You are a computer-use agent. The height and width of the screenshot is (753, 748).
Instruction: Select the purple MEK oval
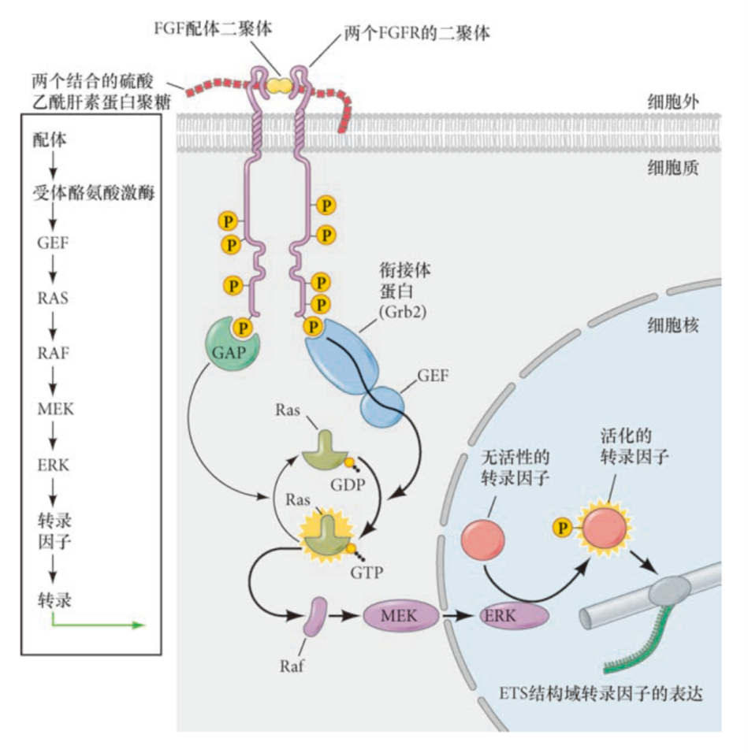[400, 615]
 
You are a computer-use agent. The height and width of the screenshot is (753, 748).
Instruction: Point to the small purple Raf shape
[317, 615]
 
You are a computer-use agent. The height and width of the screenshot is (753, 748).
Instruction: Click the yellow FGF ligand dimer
[276, 83]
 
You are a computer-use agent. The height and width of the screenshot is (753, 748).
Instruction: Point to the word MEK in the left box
[53, 408]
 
